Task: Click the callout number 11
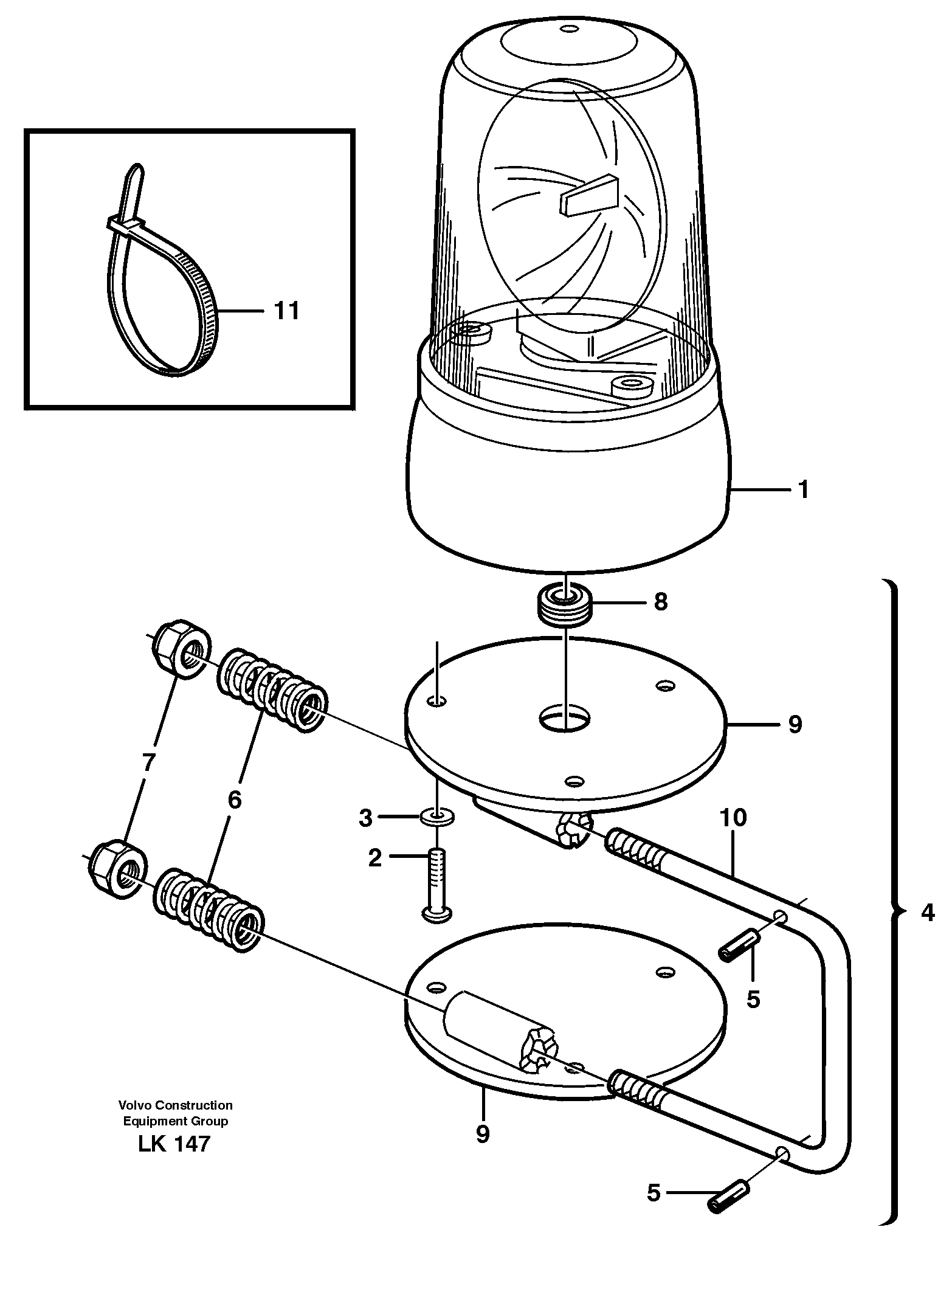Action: click(x=286, y=311)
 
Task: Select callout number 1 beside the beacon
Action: click(x=803, y=489)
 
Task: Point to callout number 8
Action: click(x=661, y=602)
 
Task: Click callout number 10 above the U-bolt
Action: click(x=733, y=818)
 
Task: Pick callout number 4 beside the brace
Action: click(x=926, y=913)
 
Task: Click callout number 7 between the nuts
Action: click(x=150, y=762)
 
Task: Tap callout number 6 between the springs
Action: click(x=235, y=800)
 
